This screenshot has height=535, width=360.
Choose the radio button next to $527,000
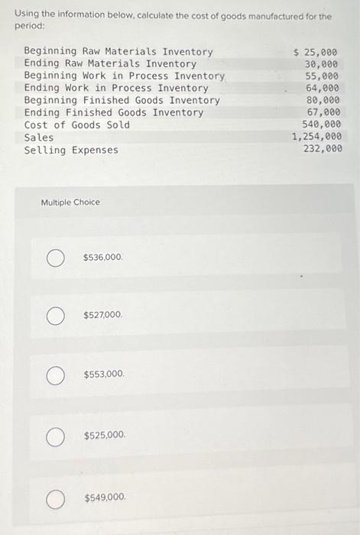pos(54,316)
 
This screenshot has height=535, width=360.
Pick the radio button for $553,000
pos(54,375)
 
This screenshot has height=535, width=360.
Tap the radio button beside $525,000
pos(54,436)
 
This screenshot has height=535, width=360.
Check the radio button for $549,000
pos(54,498)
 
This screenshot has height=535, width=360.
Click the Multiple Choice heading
pos(70,203)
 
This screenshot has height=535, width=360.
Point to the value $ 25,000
pos(316,52)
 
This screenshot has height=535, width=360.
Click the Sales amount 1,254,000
pos(316,138)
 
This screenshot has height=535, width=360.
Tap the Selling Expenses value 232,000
pos(323,150)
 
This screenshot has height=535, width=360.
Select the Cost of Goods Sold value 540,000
pos(323,125)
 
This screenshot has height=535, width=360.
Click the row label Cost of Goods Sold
pos(77,125)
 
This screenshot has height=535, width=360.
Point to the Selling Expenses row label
pos(71,150)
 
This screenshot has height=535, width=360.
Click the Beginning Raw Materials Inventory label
pos(118,52)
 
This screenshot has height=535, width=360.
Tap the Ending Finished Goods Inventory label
pos(114,113)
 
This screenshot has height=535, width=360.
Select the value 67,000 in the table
pos(325,113)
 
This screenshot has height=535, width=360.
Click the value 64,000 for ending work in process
pos(325,89)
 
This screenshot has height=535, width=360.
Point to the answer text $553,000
pos(104,375)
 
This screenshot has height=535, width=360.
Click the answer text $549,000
pos(105,498)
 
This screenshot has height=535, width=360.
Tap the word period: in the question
pos(28,26)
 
